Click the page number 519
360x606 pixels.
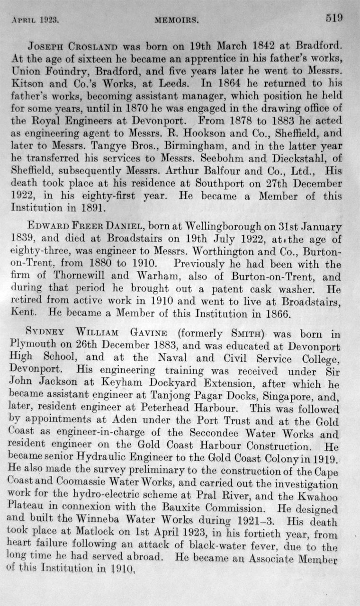pyautogui.click(x=333, y=18)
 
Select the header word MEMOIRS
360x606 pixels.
pyautogui.click(x=176, y=20)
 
